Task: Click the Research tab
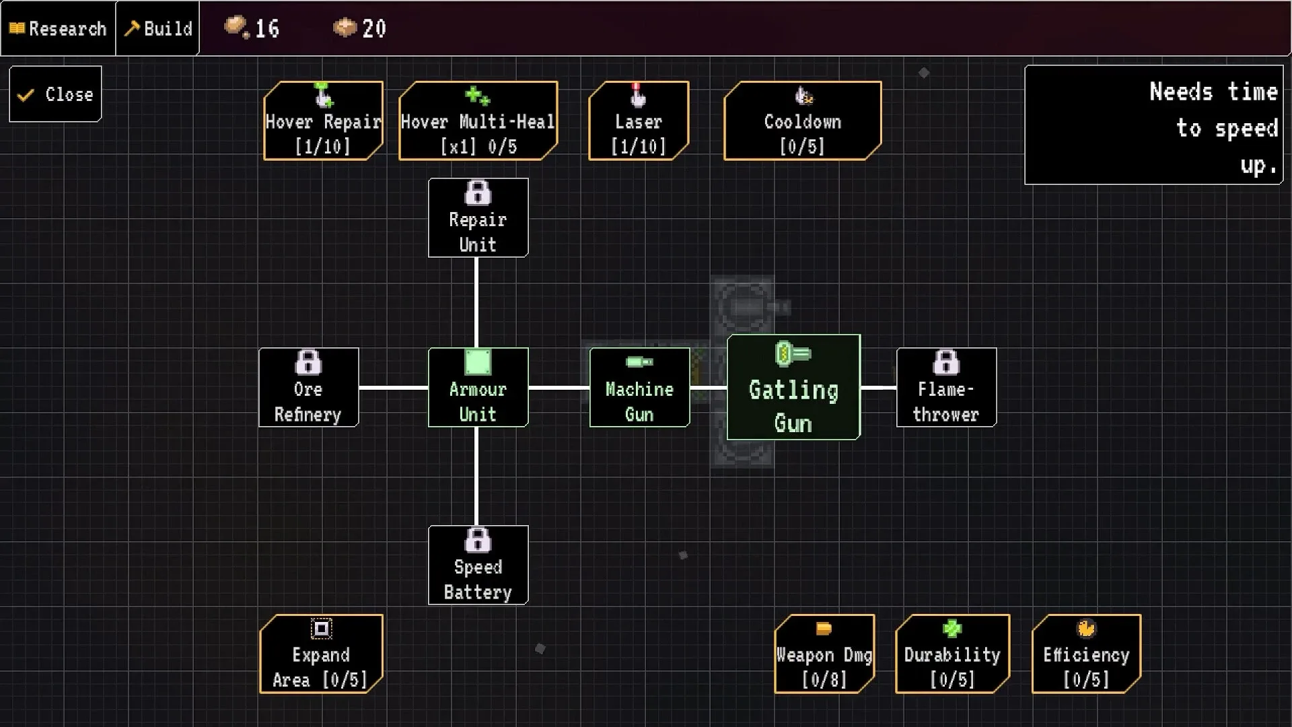coord(58,28)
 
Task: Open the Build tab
coord(158,28)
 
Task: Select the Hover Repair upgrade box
coord(323,121)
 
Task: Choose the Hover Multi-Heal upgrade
coord(478,121)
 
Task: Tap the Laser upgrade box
coord(638,121)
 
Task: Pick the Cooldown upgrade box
coord(802,121)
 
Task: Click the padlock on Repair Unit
coord(478,194)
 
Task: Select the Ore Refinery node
coord(308,388)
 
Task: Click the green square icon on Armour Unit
coord(478,362)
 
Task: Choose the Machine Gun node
coord(639,388)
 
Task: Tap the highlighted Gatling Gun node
coord(793,388)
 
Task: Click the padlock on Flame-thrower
coord(946,363)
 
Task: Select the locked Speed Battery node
coord(478,565)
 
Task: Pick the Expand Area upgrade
coord(321,654)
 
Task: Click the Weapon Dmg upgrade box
coord(824,654)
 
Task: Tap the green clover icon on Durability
coord(952,629)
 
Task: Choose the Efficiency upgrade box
coord(1086,654)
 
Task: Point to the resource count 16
coord(266,28)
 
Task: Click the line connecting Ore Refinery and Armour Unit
coord(393,388)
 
